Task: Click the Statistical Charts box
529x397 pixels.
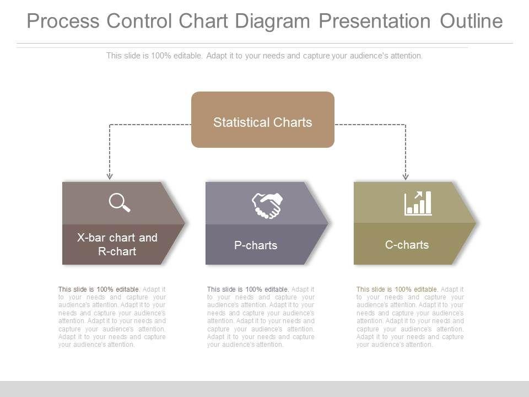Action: click(x=262, y=120)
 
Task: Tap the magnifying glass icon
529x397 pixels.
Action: click(x=120, y=202)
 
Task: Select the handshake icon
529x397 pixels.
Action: click(x=267, y=206)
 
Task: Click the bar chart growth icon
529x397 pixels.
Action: click(x=418, y=203)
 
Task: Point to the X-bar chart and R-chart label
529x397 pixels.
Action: click(x=117, y=244)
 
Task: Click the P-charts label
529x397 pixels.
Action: click(x=256, y=245)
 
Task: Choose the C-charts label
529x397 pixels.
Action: click(x=407, y=245)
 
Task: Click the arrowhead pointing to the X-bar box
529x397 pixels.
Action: click(x=110, y=176)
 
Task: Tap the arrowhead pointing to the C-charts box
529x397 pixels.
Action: click(x=406, y=176)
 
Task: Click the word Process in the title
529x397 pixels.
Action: click(x=63, y=21)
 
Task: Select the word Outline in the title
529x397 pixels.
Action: click(x=471, y=21)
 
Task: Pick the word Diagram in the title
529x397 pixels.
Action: click(x=272, y=22)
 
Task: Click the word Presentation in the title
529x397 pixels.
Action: click(x=375, y=21)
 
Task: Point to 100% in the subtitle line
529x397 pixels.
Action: click(x=162, y=56)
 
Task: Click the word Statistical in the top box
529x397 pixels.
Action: click(x=238, y=122)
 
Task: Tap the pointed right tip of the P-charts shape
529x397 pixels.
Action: click(x=328, y=223)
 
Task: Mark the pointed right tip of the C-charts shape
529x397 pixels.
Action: click(x=476, y=223)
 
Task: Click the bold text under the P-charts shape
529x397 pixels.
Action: click(x=248, y=289)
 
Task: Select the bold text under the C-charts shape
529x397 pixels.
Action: click(x=397, y=289)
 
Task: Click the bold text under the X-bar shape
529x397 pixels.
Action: click(x=99, y=289)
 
